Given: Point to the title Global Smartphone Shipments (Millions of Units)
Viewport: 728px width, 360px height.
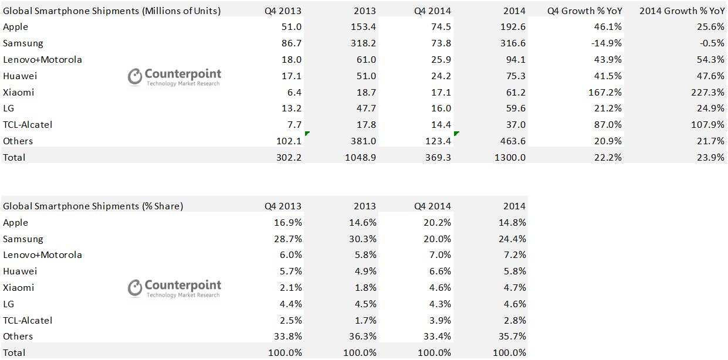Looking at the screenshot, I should point(112,11).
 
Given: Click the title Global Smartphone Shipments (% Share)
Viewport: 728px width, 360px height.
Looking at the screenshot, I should point(93,206).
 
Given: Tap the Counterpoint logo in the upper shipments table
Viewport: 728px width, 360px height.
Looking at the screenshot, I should point(175,77).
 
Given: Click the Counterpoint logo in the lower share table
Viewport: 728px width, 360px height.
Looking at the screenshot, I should point(175,288).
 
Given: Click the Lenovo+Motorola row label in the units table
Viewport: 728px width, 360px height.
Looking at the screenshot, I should point(42,60).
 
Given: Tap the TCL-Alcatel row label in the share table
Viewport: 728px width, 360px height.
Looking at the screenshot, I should point(28,320).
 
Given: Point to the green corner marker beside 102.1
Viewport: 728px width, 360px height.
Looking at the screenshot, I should point(307,134).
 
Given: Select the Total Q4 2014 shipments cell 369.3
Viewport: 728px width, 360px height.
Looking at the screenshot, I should point(438,157).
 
